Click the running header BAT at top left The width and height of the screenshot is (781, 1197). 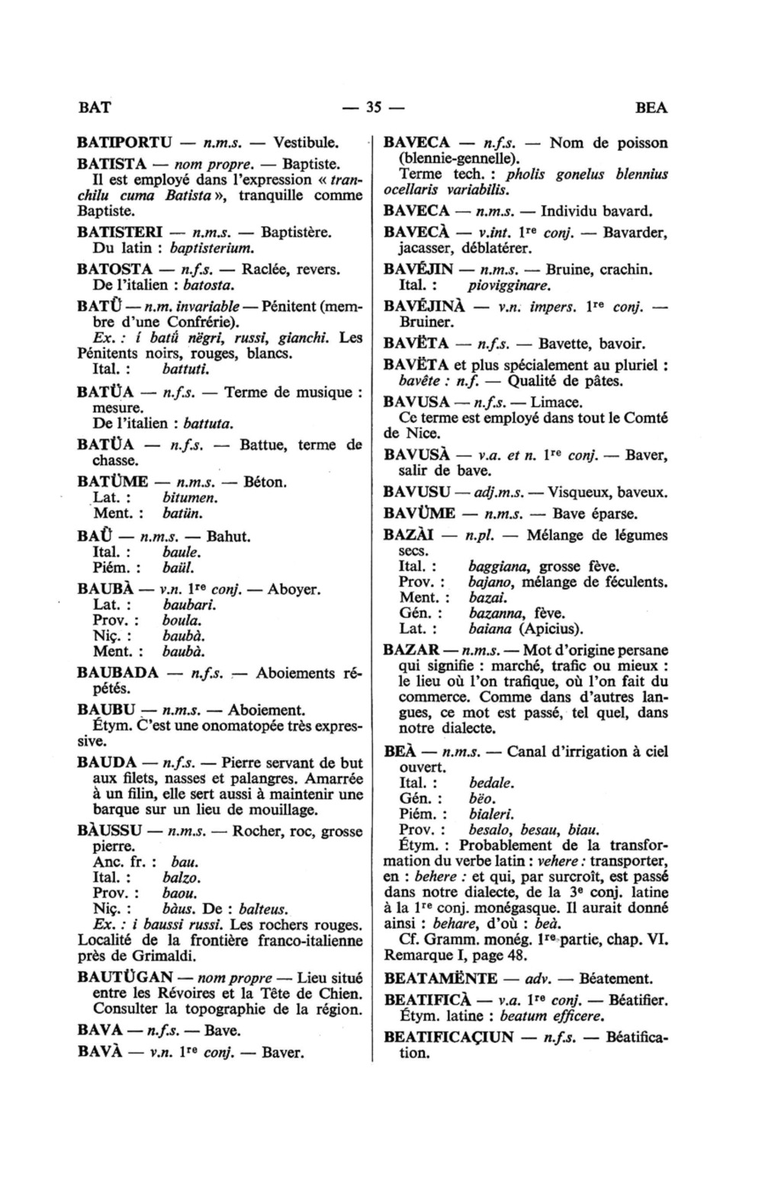[x=95, y=108]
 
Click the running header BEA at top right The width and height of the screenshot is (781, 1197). [x=651, y=108]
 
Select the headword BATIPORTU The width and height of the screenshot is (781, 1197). [x=124, y=143]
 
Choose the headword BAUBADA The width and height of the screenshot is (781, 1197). [x=118, y=673]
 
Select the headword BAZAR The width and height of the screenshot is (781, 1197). [x=410, y=650]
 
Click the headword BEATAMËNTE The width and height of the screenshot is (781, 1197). [x=441, y=978]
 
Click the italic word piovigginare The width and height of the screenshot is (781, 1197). [x=509, y=286]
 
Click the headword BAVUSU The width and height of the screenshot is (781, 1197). [x=413, y=492]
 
